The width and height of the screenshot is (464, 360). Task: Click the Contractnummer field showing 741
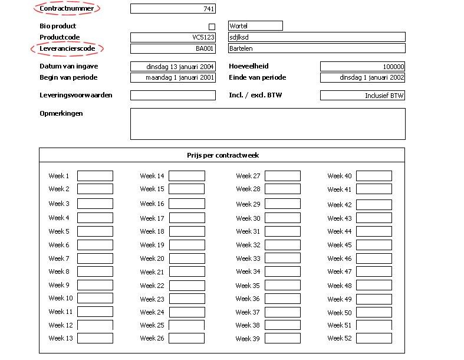pyautogui.click(x=173, y=9)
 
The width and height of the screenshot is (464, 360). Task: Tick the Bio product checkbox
pyautogui.click(x=212, y=27)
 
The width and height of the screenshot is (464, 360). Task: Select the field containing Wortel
pyautogui.click(x=255, y=26)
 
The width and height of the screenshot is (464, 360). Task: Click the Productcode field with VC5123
pyautogui.click(x=173, y=37)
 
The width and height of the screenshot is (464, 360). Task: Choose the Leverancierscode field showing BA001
pyautogui.click(x=173, y=49)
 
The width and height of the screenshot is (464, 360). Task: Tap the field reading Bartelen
pyautogui.click(x=317, y=49)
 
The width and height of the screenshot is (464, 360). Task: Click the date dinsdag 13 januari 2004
pyautogui.click(x=173, y=67)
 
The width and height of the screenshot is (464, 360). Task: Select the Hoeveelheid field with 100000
pyautogui.click(x=363, y=67)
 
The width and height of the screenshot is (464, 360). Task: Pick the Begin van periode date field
pyautogui.click(x=173, y=77)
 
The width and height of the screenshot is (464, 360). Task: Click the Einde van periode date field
pyautogui.click(x=363, y=77)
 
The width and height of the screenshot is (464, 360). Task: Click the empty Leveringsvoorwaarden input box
pyautogui.click(x=173, y=95)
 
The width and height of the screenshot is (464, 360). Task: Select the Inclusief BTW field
pyautogui.click(x=363, y=95)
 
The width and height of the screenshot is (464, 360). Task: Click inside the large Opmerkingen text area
pyautogui.click(x=268, y=124)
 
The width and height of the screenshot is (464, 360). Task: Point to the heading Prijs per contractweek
pyautogui.click(x=222, y=155)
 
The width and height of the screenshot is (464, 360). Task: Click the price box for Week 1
pyautogui.click(x=95, y=176)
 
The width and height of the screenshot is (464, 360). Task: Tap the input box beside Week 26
pyautogui.click(x=187, y=338)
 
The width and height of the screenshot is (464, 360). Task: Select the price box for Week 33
pyautogui.click(x=282, y=258)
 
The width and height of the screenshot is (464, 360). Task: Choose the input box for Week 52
pyautogui.click(x=374, y=338)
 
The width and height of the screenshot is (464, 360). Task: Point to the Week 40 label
pyautogui.click(x=340, y=176)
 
